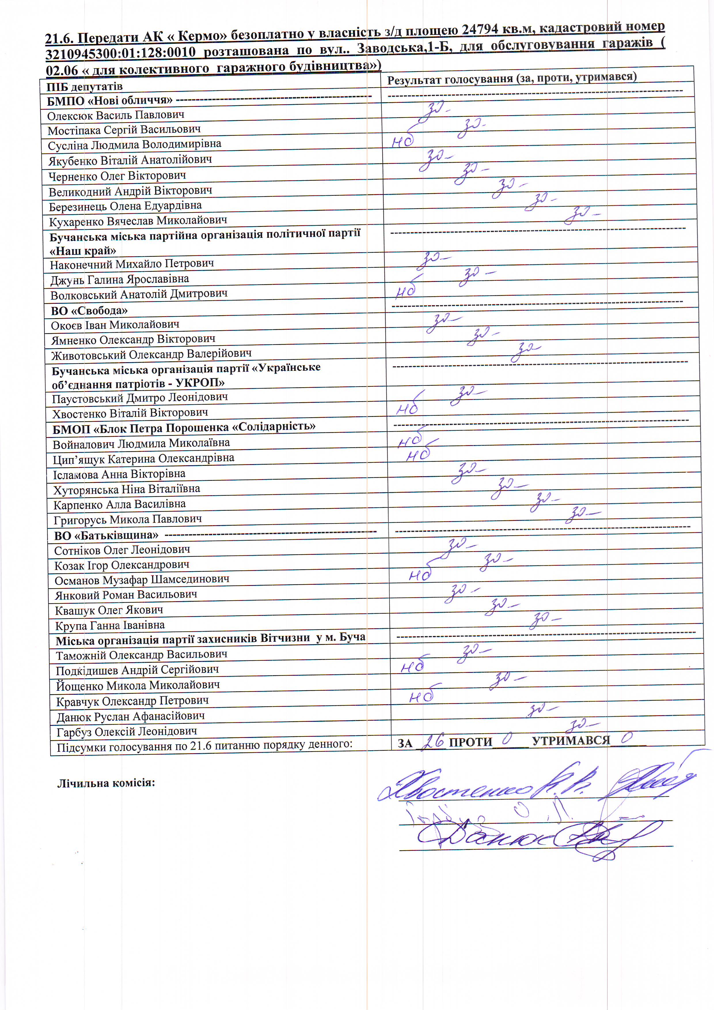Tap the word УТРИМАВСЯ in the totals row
[571, 741]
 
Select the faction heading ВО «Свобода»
[89, 311]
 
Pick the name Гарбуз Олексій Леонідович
[127, 732]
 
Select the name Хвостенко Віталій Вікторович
[130, 413]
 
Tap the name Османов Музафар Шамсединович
[142, 580]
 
